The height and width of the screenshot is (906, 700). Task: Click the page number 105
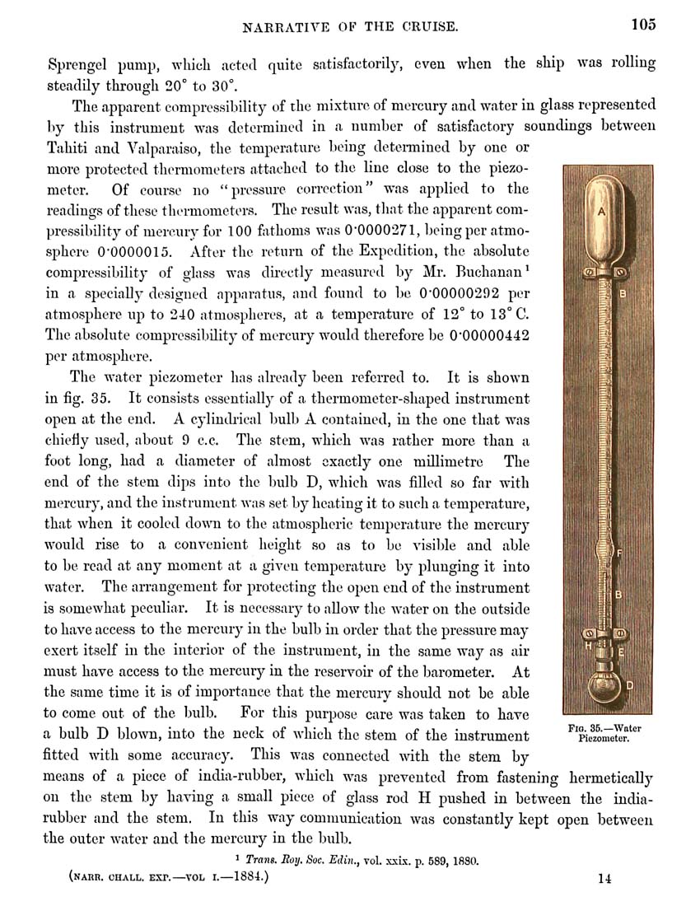pos(644,24)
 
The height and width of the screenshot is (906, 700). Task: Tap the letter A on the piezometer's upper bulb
pos(601,212)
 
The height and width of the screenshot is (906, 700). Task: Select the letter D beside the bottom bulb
pos(630,685)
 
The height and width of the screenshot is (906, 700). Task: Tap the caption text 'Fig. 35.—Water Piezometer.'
pos(604,733)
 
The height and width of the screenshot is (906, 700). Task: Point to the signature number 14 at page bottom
pos(604,879)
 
